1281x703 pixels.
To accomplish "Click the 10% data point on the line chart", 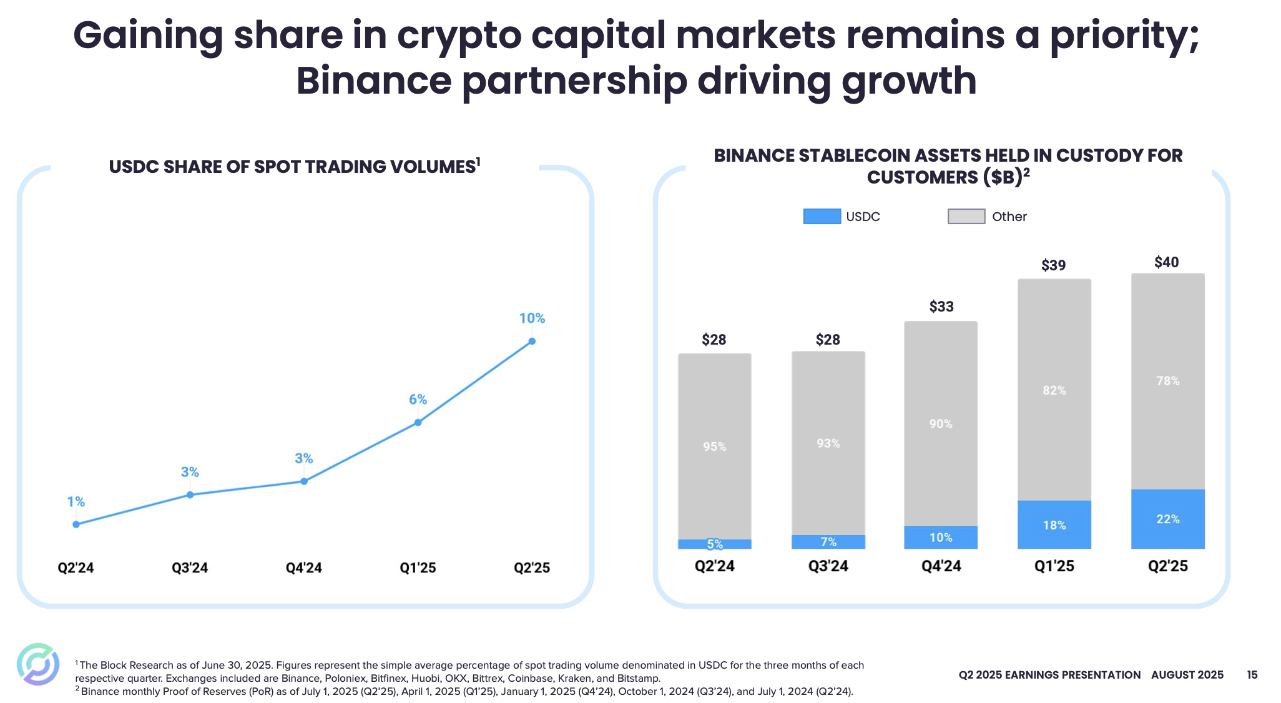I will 532,341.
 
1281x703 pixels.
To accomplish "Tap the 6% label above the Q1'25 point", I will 418,400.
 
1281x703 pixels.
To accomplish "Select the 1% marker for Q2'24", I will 76,524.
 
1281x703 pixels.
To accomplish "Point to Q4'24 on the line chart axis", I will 303,568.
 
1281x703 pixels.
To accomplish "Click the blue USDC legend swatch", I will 822,217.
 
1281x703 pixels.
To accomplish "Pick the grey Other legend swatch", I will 966,217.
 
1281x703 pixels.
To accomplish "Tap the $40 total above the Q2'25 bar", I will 1166,262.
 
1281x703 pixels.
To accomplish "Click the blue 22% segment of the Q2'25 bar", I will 1167,519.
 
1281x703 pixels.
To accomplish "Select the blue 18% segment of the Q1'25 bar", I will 1054,525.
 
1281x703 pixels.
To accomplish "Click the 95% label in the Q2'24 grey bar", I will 714,446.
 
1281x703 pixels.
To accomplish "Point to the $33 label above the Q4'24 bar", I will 941,307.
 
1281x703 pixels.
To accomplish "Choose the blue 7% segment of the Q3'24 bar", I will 828,542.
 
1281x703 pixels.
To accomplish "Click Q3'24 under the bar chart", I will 828,566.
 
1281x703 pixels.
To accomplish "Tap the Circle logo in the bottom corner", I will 38,664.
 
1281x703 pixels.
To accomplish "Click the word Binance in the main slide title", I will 373,81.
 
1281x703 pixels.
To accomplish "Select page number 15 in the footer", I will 1252,675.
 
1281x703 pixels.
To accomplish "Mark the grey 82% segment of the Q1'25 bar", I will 1054,390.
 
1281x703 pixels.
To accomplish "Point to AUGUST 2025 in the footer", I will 1187,675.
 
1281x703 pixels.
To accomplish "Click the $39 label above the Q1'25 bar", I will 1053,265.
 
